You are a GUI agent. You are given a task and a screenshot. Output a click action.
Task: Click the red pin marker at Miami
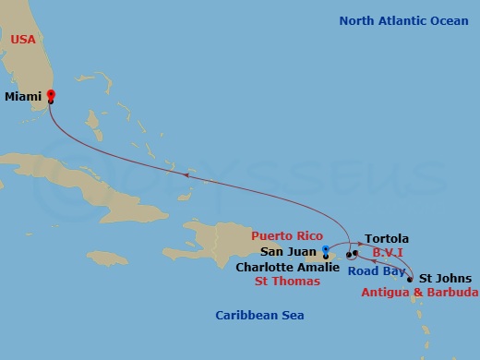pos(51,95)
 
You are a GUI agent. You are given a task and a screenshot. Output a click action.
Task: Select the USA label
pos(22,40)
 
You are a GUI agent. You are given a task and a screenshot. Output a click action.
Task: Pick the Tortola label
pos(387,238)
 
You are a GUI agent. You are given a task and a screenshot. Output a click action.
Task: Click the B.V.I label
pos(390,252)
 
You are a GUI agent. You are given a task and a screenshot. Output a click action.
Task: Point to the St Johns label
pos(445,278)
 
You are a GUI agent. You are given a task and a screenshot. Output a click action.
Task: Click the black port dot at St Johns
pos(410,279)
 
